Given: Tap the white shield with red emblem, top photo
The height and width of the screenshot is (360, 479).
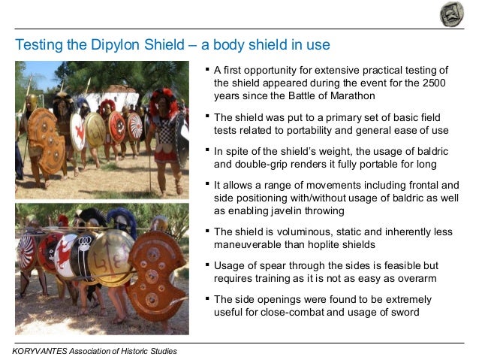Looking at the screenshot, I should click(78, 131).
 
